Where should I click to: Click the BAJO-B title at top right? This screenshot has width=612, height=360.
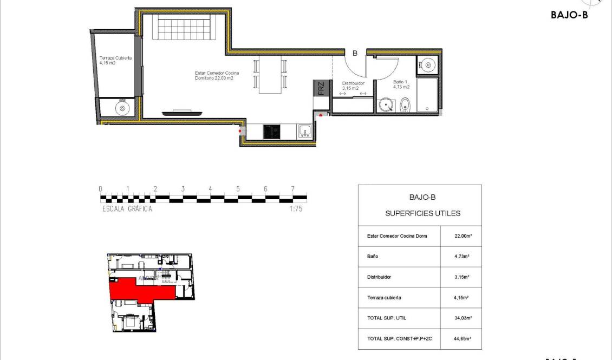569,15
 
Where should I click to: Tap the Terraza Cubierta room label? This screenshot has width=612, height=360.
115,60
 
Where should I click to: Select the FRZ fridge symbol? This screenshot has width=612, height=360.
321,88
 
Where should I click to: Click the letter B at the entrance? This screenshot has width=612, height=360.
355,53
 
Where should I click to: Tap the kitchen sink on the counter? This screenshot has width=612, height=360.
305,131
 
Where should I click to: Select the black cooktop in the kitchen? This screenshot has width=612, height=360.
271,132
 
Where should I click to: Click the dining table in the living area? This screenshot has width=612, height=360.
270,75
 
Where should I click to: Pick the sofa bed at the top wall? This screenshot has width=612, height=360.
184,28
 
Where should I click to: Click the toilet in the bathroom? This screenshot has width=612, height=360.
406,107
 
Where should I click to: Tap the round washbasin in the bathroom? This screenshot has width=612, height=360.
387,105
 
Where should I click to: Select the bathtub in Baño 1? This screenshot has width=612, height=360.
427,95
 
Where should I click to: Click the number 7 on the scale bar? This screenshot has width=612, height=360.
292,189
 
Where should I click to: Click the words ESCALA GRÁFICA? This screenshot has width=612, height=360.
127,209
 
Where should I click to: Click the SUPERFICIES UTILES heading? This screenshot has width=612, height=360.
422,213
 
